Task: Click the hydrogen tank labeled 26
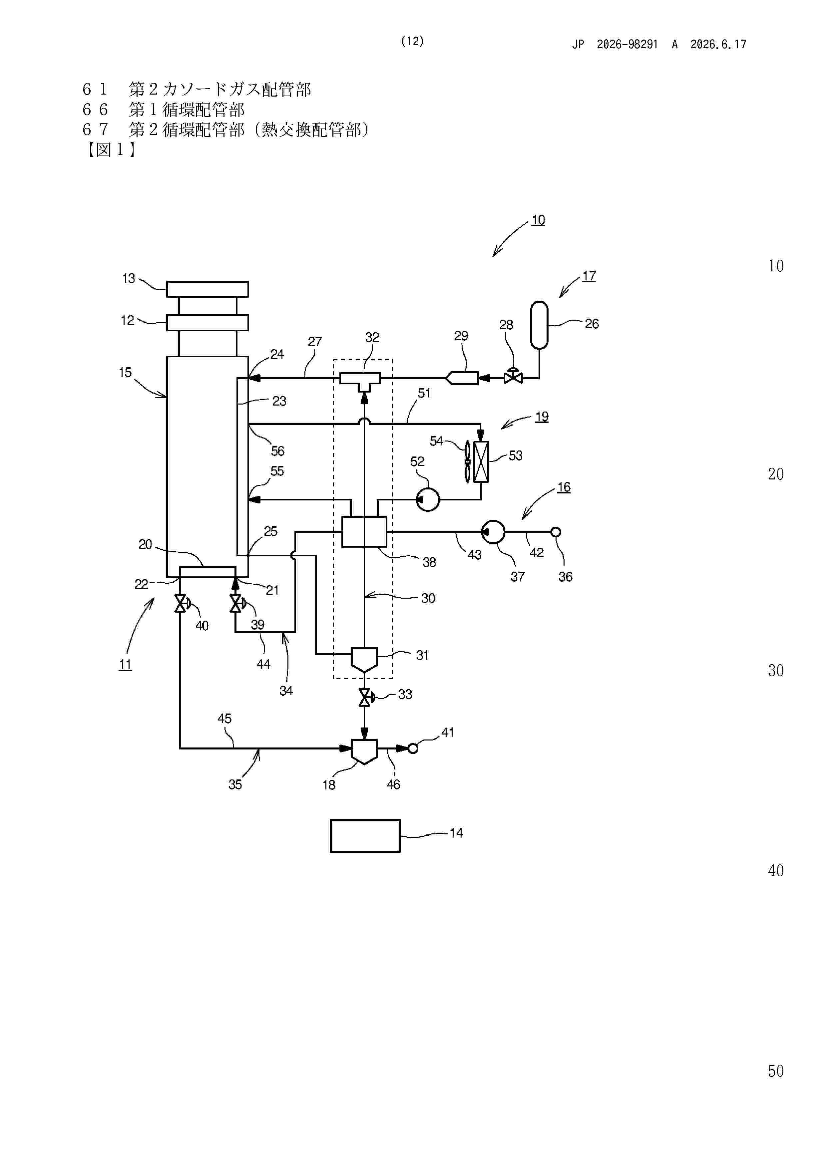[x=539, y=326]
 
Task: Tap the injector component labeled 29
[x=462, y=379]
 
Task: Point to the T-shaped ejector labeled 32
[x=360, y=382]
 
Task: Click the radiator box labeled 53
[x=481, y=462]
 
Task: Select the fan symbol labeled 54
[x=467, y=461]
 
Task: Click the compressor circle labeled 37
[x=493, y=532]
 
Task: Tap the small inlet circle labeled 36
[x=556, y=532]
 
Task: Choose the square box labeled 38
[x=364, y=532]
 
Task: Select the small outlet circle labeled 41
[x=413, y=749]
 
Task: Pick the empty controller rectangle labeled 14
[x=365, y=836]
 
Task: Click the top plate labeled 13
[x=207, y=289]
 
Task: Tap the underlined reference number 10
[x=538, y=220]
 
